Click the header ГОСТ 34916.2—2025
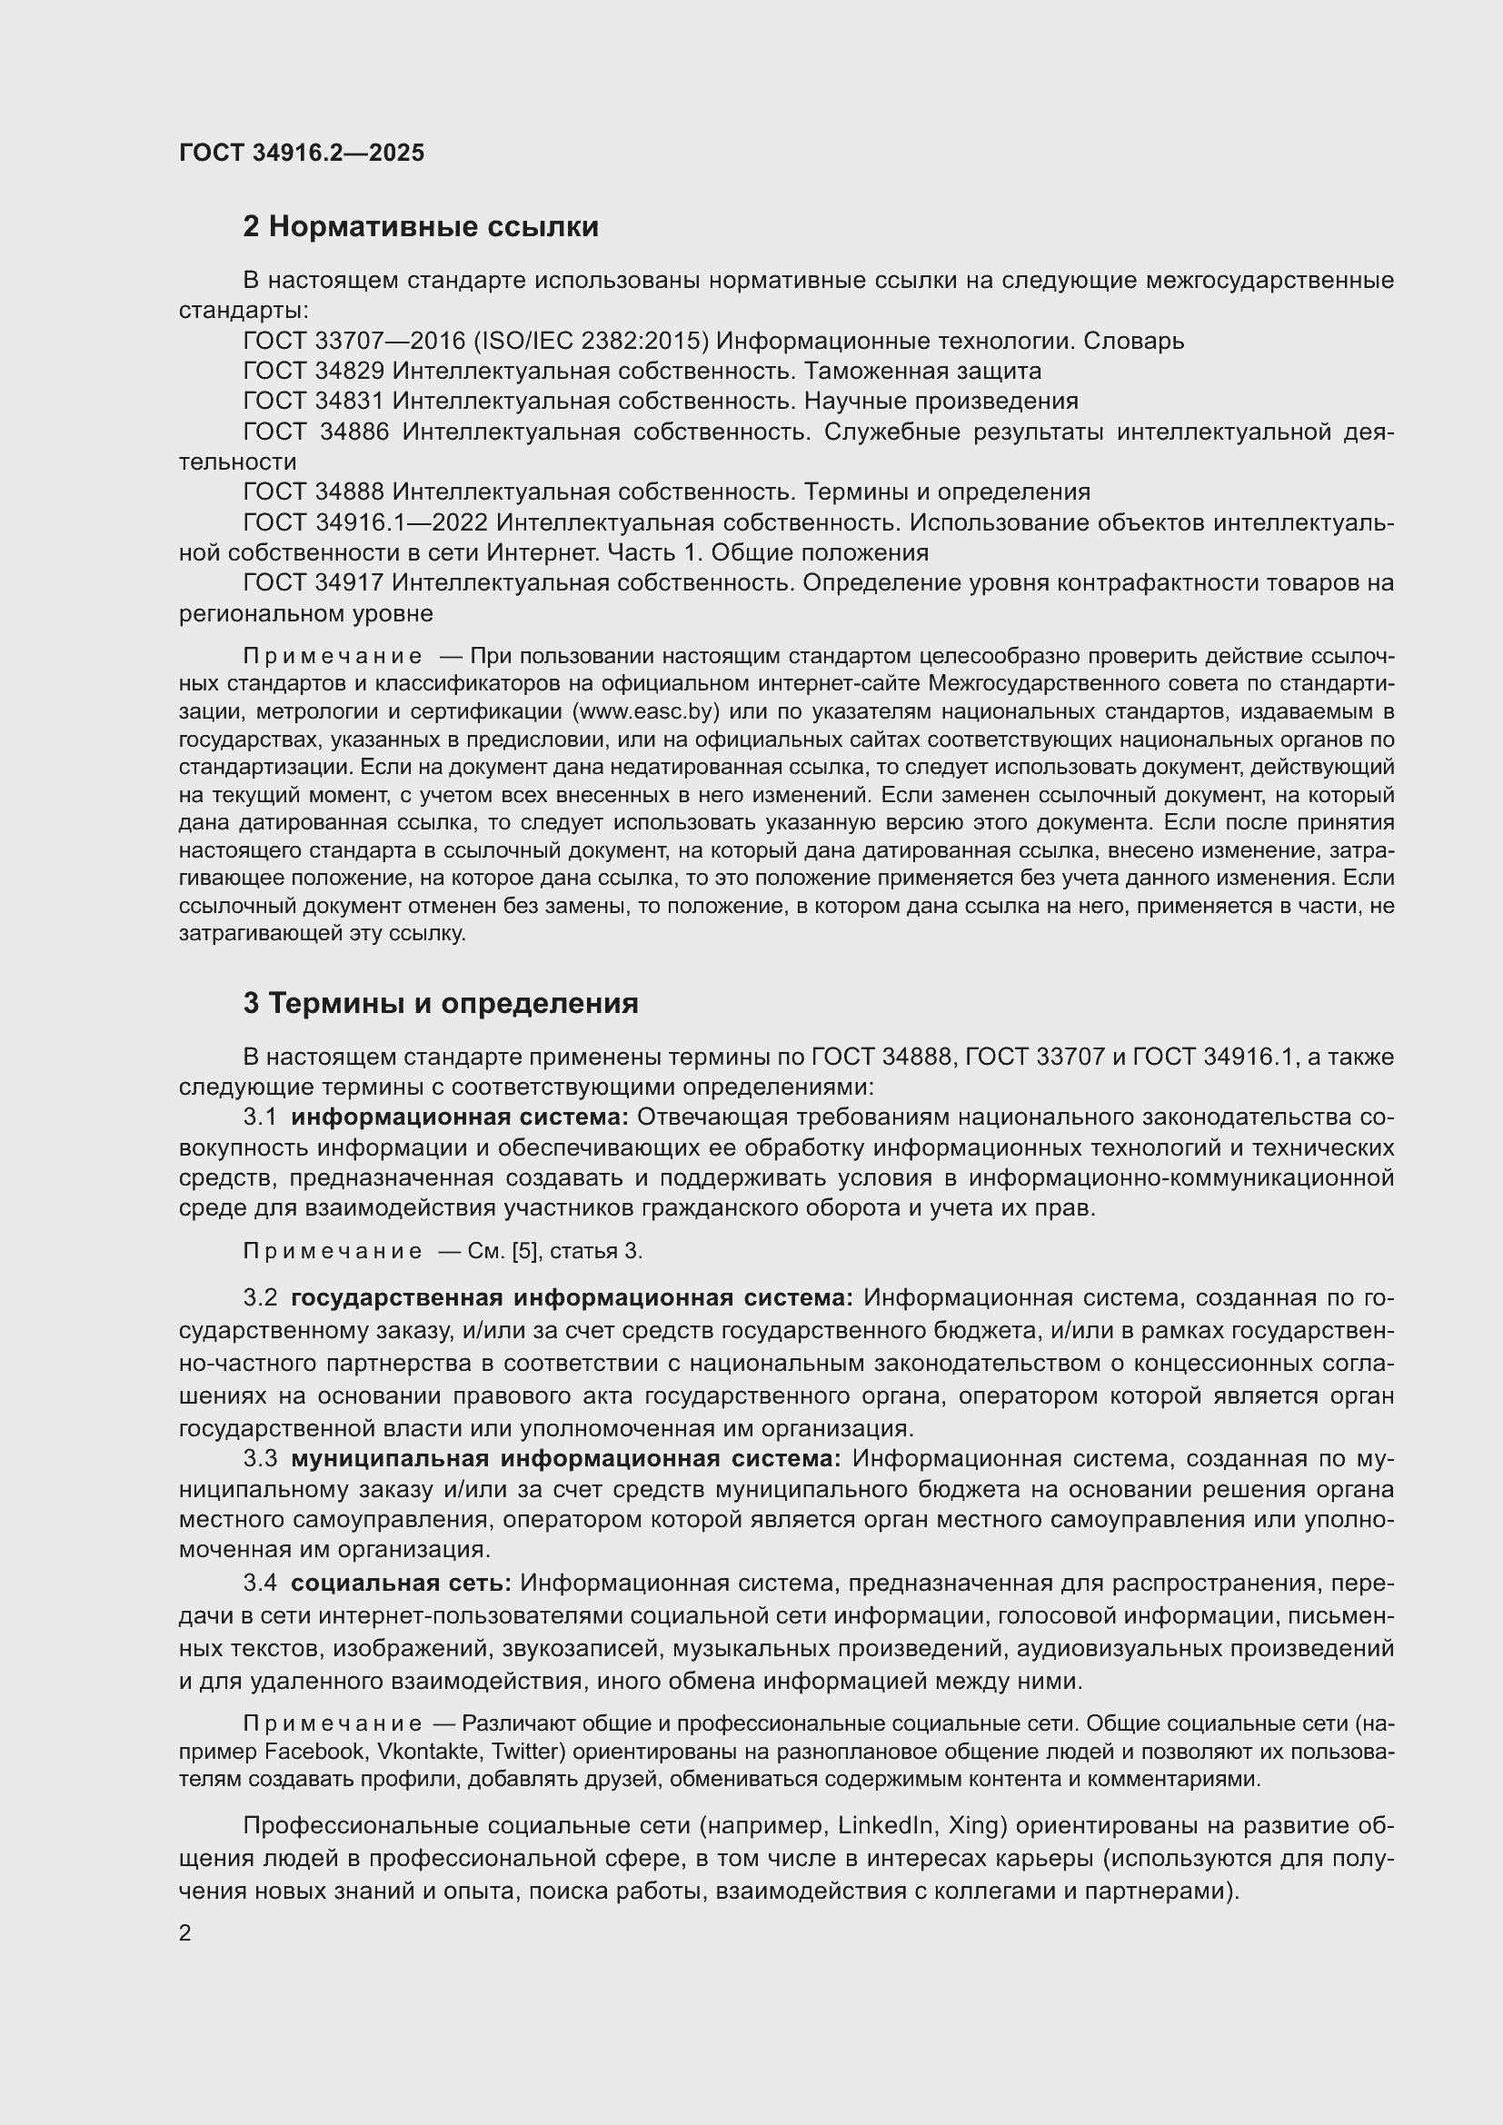click(x=302, y=153)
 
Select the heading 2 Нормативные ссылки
click(x=420, y=227)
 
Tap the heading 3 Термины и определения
click(x=441, y=1003)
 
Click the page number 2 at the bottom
click(x=185, y=1932)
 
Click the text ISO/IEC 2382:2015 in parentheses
click(x=592, y=341)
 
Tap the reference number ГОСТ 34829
click(x=313, y=372)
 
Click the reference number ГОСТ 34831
click(x=313, y=401)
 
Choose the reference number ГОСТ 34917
click(x=313, y=583)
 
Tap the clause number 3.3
click(x=260, y=1459)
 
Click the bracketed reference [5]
click(x=523, y=1251)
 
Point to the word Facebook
click(x=314, y=1751)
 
